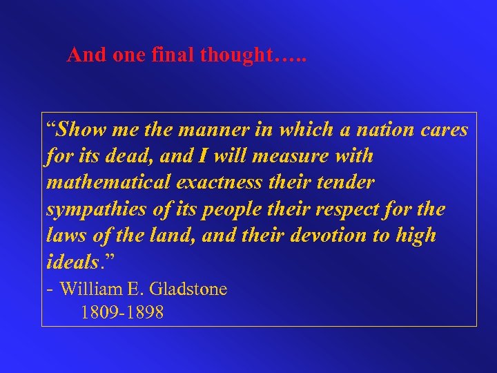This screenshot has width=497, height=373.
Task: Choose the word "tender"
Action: pos(348,182)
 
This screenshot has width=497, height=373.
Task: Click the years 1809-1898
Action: pos(122,313)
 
